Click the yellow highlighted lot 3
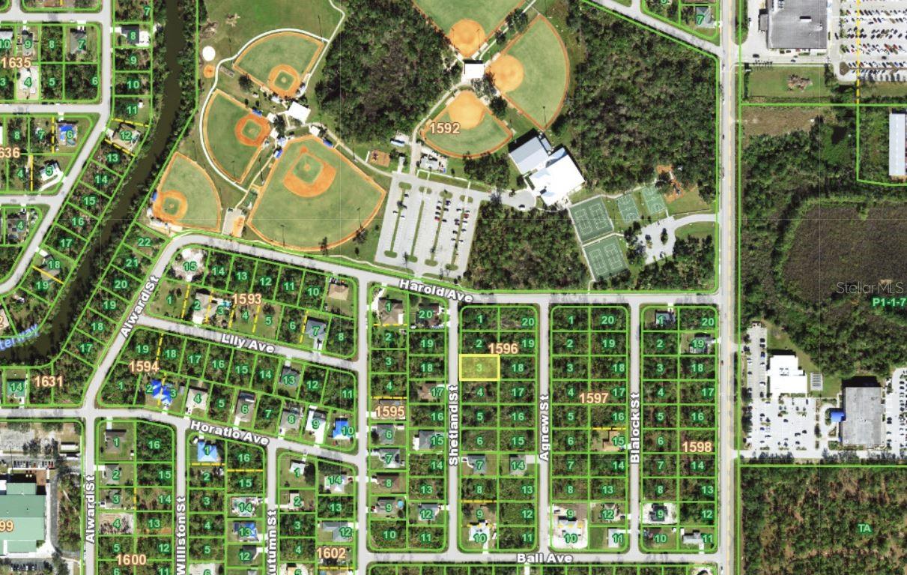tap(479, 367)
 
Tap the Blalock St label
tap(634, 417)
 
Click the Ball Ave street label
tap(544, 559)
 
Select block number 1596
tap(503, 349)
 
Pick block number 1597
tap(593, 398)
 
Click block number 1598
tap(697, 447)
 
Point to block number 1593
tap(246, 299)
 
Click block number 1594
tap(144, 366)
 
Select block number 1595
tap(390, 411)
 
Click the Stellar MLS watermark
tap(870, 288)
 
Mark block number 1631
tap(48, 382)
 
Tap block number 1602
tap(331, 553)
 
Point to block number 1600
tap(131, 559)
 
